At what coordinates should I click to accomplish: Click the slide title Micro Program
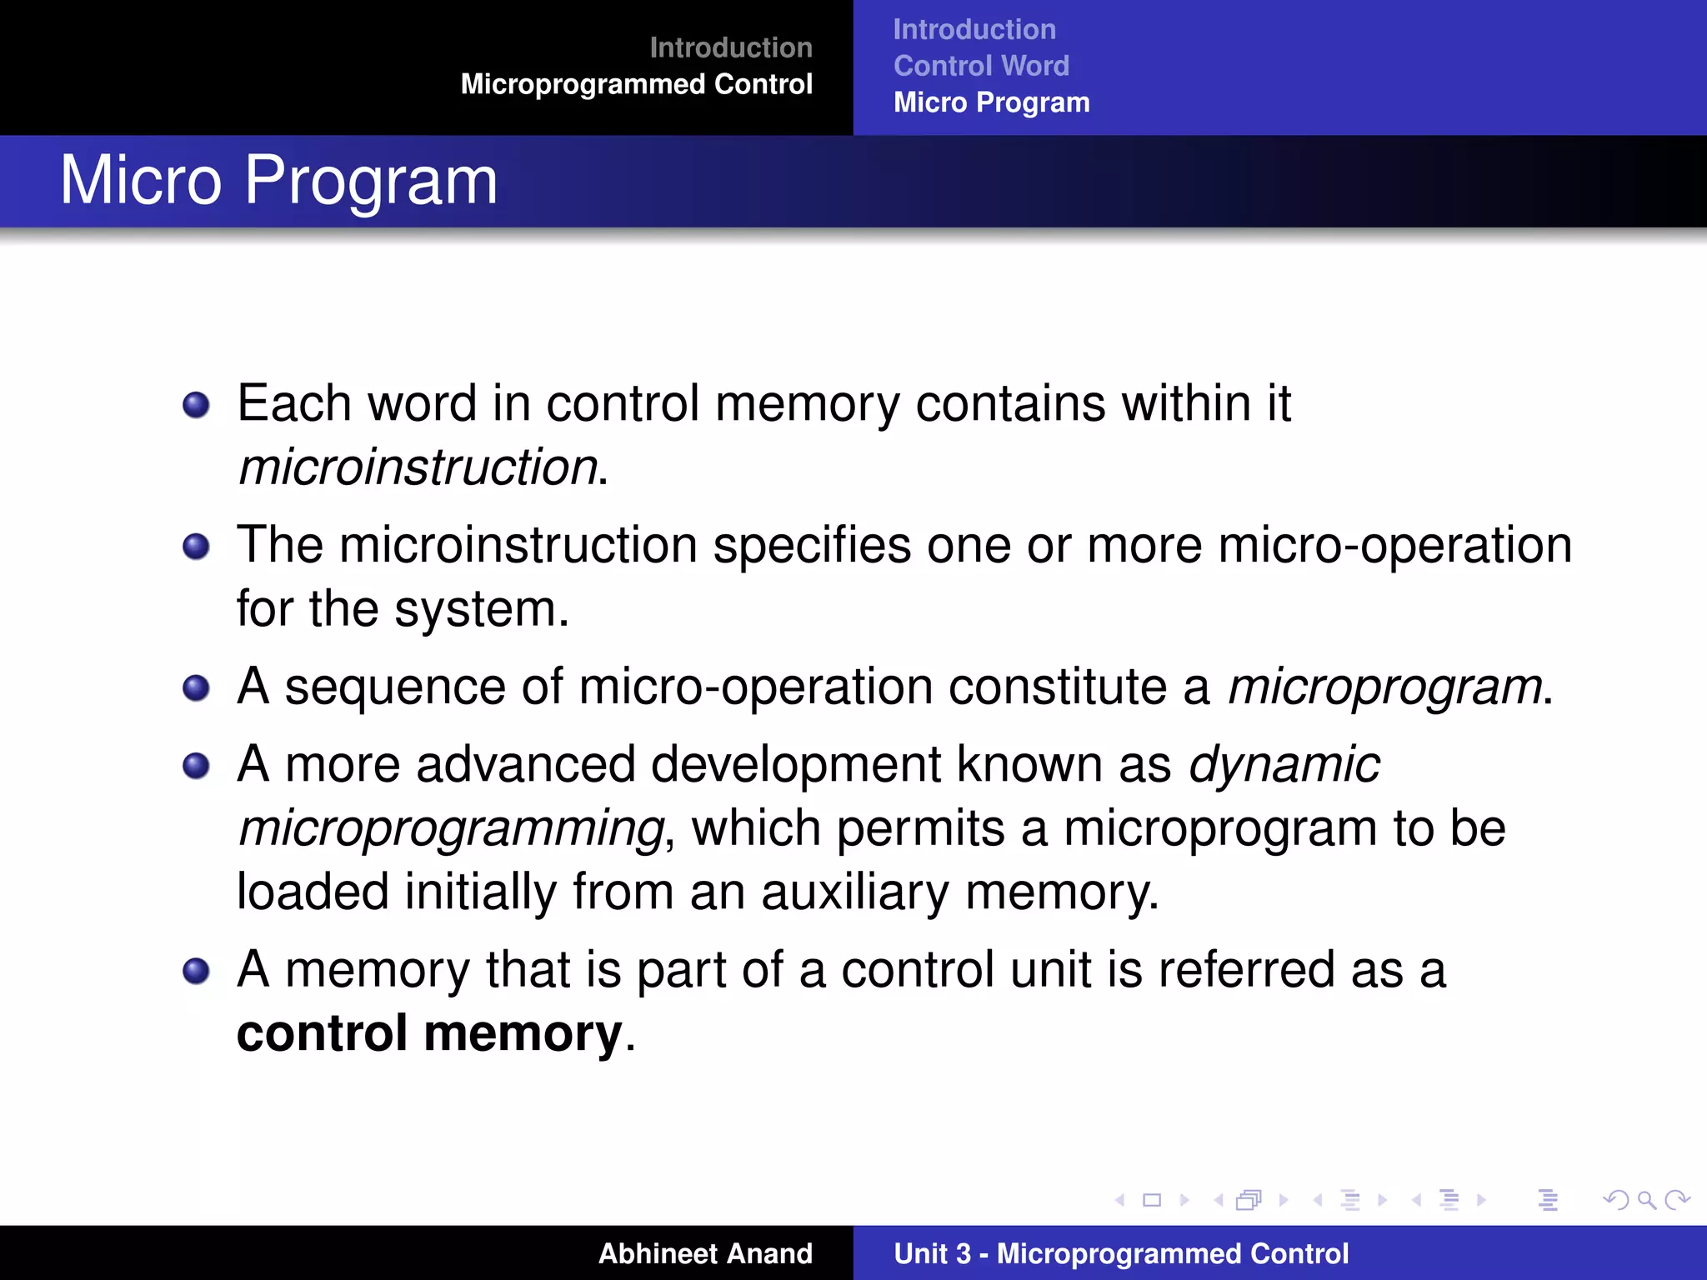[278, 180]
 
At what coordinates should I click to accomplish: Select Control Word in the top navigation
[981, 66]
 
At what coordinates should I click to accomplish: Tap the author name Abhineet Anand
[705, 1253]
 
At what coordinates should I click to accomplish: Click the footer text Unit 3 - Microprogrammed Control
[1121, 1253]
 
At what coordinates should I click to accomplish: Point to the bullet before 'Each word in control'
[196, 406]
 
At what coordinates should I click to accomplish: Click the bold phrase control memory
[429, 1033]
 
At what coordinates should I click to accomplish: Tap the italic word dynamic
[1284, 764]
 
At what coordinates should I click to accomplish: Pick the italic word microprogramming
[451, 828]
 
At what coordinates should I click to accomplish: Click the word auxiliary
[854, 892]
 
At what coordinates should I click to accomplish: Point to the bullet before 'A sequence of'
[196, 688]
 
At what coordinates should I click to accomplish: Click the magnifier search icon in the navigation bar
[1646, 1200]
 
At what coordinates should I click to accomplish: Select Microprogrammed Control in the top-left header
[636, 84]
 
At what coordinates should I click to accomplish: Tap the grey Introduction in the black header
[730, 47]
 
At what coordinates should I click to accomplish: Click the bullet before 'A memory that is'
[196, 971]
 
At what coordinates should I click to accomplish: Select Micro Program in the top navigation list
[991, 102]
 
